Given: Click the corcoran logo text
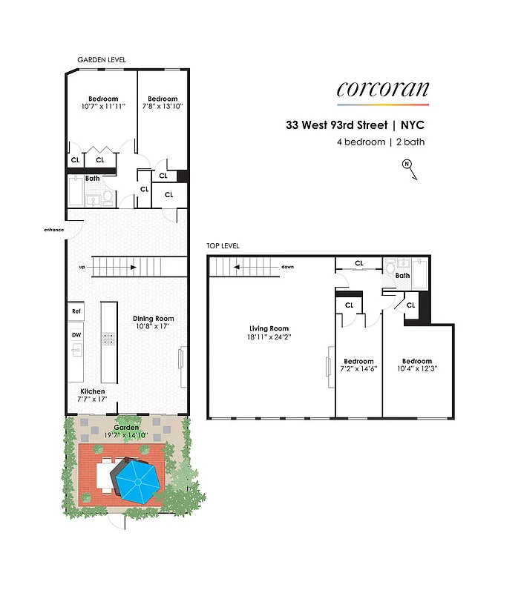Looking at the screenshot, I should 382,89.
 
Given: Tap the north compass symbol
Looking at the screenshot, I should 407,167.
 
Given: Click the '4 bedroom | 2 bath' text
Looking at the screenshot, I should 381,142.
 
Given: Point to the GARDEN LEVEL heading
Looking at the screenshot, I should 102,59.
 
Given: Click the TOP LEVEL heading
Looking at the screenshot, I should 223,245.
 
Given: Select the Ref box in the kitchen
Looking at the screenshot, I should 76,312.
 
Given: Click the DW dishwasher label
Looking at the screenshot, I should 76,335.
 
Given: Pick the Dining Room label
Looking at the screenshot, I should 154,319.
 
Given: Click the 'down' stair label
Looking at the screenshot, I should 289,267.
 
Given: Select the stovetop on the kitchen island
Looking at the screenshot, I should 108,339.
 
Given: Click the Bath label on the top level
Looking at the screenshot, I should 402,276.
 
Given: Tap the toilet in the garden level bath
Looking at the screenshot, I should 108,196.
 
